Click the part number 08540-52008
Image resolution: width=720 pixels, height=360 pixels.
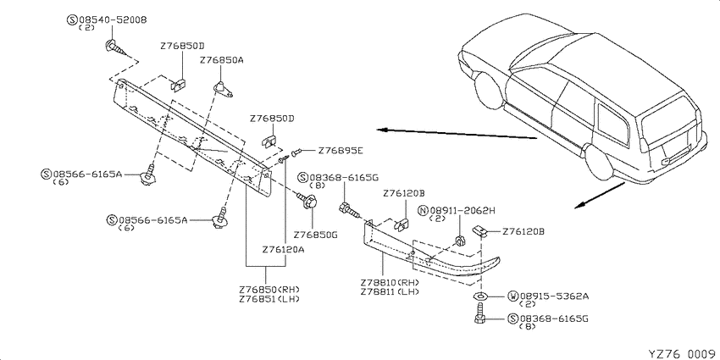(x=113, y=20)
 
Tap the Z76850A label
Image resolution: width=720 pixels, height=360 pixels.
(x=221, y=61)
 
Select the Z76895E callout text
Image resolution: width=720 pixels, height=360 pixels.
(x=341, y=151)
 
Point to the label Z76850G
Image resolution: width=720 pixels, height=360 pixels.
(x=315, y=235)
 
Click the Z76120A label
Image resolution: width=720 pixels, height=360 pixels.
(x=284, y=250)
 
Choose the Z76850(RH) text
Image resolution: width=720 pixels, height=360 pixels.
(x=269, y=290)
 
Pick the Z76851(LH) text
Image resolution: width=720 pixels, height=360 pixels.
(x=269, y=299)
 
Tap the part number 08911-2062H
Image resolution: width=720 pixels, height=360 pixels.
(x=462, y=211)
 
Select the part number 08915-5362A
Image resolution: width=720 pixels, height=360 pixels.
(x=554, y=296)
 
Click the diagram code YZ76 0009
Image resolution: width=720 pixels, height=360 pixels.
(x=683, y=353)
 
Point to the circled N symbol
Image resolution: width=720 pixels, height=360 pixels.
(x=423, y=211)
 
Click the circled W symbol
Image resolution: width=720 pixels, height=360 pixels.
(x=513, y=296)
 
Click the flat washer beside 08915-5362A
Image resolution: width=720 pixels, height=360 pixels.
(x=479, y=296)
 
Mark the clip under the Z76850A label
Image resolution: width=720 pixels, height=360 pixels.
(x=224, y=89)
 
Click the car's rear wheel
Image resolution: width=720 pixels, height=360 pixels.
(x=599, y=162)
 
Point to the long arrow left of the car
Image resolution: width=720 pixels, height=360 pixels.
(x=457, y=134)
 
